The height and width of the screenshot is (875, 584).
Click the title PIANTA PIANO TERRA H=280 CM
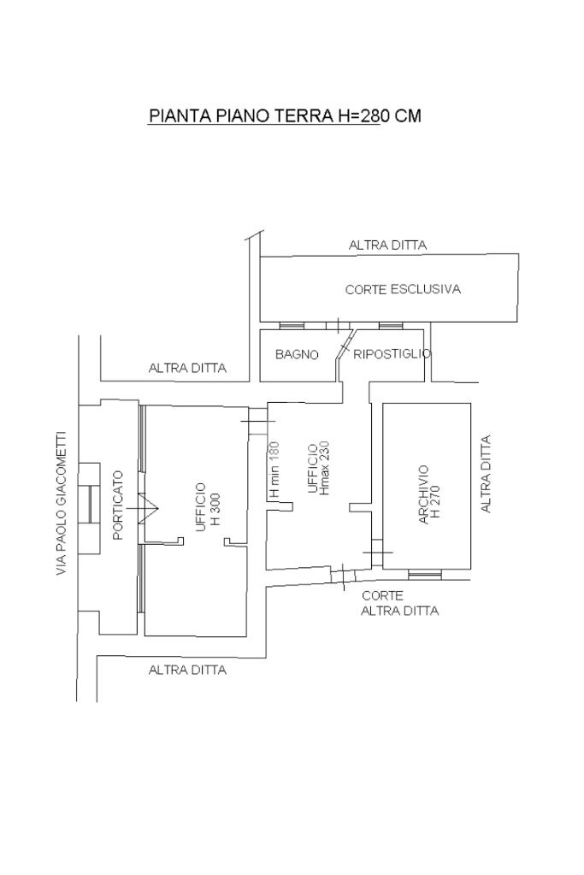point(285,116)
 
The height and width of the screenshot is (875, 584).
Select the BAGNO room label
point(297,354)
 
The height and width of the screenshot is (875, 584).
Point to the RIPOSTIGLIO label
point(392,354)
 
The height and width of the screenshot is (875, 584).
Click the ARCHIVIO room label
point(423,494)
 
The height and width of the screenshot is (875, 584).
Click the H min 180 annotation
point(274,470)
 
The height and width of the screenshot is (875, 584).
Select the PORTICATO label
point(118,505)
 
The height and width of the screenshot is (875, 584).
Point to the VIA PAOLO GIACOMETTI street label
point(62,503)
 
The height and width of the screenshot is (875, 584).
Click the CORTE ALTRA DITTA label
point(398,604)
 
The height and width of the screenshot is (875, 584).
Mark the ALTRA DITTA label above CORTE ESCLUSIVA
point(387,245)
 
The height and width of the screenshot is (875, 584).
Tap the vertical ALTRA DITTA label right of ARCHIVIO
point(487,474)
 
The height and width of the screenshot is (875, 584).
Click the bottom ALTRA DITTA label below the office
point(187,671)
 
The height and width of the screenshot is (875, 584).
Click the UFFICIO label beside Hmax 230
point(312,468)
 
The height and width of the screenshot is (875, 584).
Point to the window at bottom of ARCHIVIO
point(424,575)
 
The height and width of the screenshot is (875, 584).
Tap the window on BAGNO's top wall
point(291,326)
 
